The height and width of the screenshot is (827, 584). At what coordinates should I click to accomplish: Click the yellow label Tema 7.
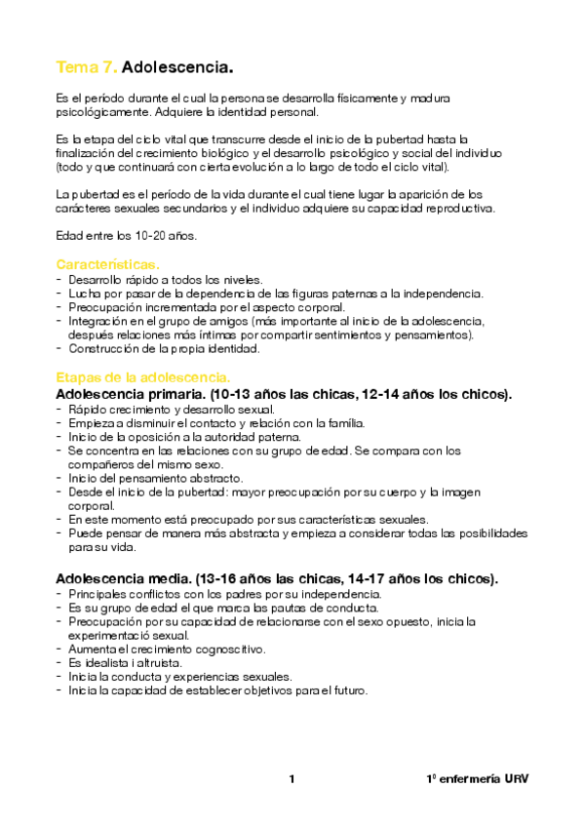(87, 67)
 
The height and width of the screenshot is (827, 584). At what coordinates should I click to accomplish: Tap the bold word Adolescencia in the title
(177, 67)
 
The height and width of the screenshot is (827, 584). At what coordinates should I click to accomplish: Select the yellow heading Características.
(107, 264)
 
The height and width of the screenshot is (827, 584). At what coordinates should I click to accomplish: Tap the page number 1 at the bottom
(292, 778)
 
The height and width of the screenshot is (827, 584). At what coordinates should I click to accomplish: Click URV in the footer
(516, 779)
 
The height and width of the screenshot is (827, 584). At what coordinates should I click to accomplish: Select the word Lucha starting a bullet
(84, 293)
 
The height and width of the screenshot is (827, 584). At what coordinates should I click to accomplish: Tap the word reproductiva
(458, 208)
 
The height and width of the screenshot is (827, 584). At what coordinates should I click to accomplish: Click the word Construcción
(105, 348)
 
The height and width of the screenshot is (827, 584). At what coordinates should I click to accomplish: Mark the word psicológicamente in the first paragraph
(104, 112)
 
